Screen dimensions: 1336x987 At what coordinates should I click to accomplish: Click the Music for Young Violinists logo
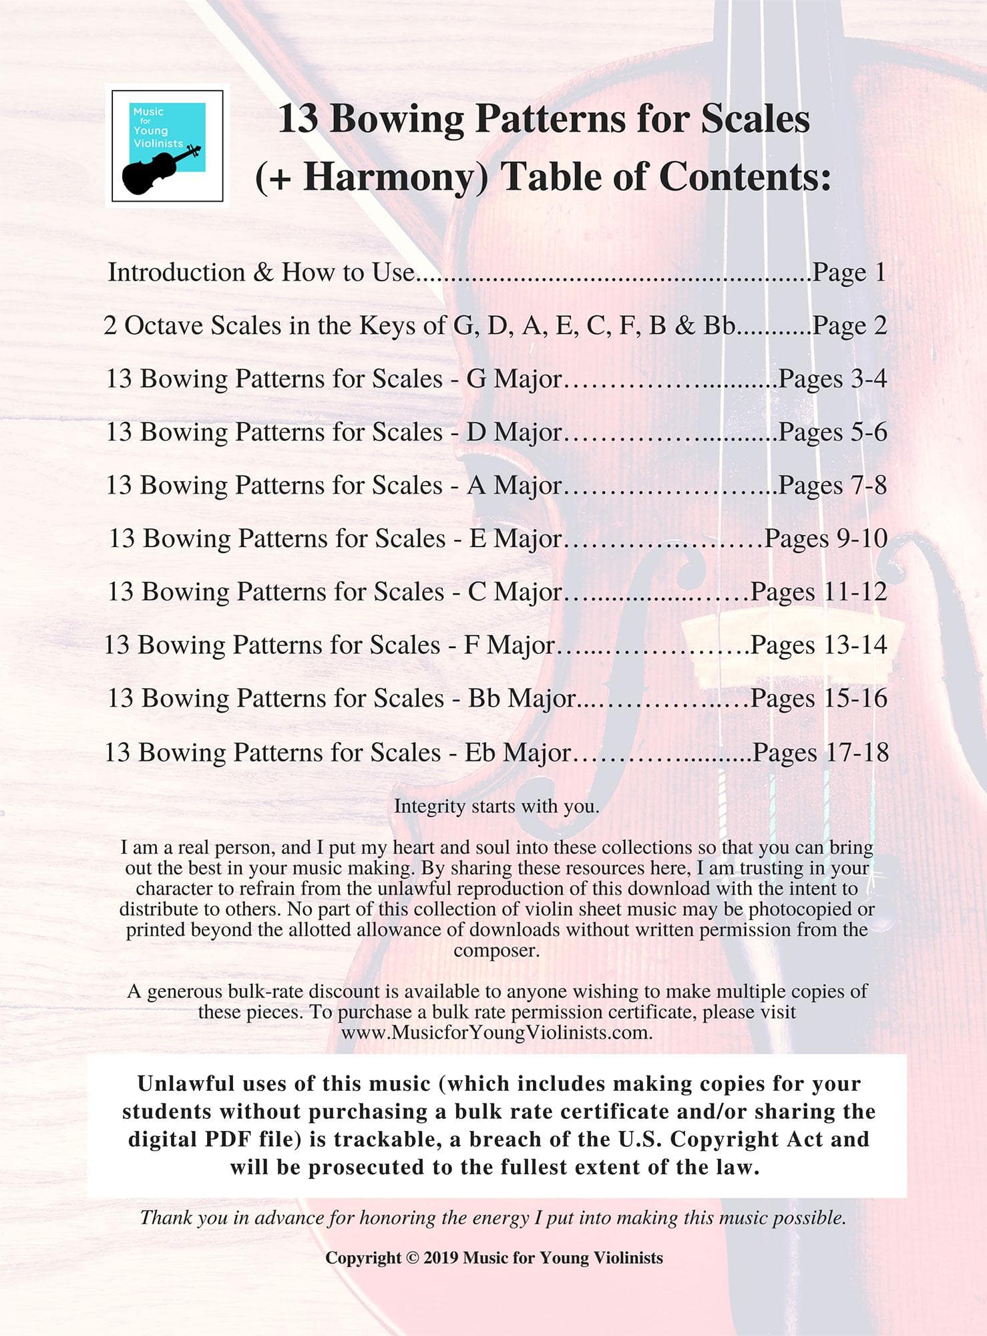167,146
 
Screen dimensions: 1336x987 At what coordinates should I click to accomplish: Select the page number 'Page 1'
849,273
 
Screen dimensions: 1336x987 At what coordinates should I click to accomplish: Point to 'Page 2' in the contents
849,326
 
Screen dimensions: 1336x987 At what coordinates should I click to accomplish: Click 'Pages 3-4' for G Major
832,379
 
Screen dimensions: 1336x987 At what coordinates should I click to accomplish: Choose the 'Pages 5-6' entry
832,432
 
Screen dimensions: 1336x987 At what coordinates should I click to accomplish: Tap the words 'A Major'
514,486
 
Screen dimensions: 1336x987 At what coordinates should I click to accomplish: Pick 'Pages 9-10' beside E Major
825,538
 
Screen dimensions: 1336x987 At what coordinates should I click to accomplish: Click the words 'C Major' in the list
514,592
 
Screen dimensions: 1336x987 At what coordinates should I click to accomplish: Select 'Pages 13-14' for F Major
819,645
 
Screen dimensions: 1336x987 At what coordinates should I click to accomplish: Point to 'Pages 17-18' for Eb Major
820,753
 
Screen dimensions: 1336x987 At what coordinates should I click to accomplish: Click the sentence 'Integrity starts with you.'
496,806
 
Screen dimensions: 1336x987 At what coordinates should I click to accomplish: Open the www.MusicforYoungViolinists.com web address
496,1032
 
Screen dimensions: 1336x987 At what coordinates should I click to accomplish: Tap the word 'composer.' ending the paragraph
496,950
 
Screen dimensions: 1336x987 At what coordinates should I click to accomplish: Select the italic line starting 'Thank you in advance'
493,1217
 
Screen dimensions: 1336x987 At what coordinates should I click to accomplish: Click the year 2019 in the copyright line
441,1259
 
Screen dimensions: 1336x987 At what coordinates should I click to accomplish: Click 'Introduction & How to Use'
260,273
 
